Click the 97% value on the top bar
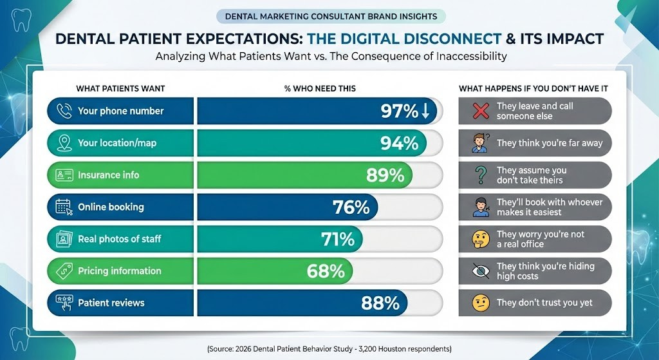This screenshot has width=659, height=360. pos(399,111)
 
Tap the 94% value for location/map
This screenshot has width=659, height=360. pos(399,143)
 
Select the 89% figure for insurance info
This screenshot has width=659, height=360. pos(384,175)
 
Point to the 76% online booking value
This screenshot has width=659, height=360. pos(351,207)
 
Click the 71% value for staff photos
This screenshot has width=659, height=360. pos(338,239)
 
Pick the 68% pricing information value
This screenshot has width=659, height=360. pos(326,271)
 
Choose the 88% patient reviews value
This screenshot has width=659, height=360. pos(380,303)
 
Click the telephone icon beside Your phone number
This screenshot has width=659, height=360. pos(64,111)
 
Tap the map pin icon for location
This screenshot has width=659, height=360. pos(64,143)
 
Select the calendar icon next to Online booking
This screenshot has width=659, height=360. pos(64,207)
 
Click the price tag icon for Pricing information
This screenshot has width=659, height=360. pos(64,271)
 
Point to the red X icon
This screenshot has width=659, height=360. pos(481,111)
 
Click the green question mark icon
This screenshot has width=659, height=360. pos(480,175)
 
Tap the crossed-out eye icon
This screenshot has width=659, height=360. pos(480,271)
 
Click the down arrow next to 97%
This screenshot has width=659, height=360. pos(425,111)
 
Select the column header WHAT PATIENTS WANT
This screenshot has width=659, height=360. pos(120,88)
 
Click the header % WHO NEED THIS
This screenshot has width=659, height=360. pos(320,88)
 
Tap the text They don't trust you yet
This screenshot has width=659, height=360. pos(544,303)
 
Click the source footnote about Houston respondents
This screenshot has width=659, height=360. pos(329,348)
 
